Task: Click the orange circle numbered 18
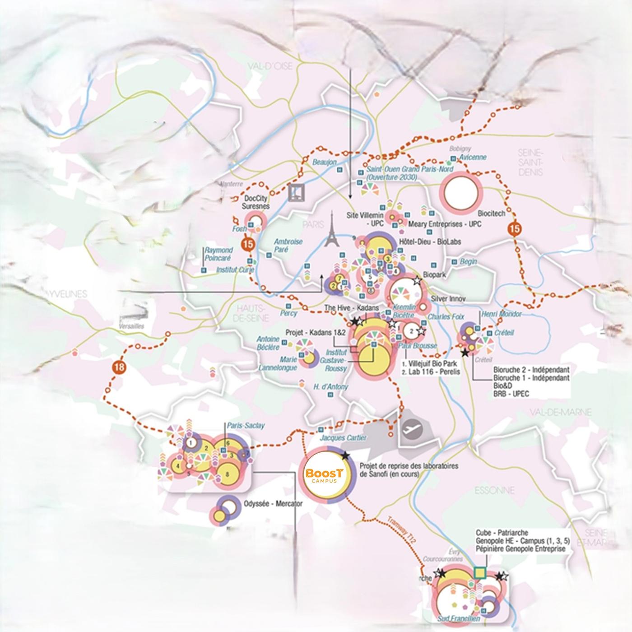click(x=119, y=367)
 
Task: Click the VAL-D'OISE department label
click(x=270, y=66)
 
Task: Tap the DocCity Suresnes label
click(x=256, y=202)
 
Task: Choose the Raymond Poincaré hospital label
click(x=218, y=254)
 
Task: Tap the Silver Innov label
click(x=448, y=299)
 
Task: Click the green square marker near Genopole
click(x=480, y=573)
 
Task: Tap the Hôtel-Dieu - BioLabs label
click(x=430, y=242)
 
